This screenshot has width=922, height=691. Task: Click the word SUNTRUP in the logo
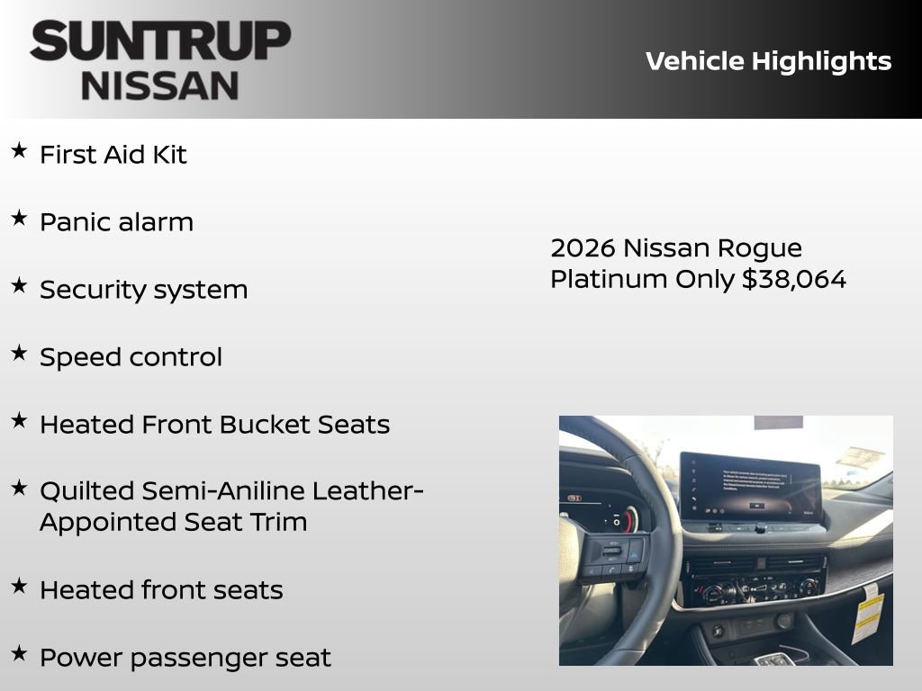(x=160, y=41)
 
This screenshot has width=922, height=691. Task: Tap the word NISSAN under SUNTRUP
(x=160, y=85)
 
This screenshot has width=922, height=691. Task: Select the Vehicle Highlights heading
(x=768, y=61)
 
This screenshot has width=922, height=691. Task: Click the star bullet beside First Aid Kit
(x=19, y=151)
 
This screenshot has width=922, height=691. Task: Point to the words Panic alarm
(x=116, y=222)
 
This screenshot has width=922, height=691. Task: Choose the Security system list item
(x=143, y=290)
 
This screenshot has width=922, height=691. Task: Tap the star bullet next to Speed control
(x=19, y=354)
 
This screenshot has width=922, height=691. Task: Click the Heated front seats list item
(x=161, y=590)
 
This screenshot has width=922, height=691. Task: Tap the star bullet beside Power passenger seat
(x=19, y=654)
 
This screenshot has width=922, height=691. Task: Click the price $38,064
(x=794, y=279)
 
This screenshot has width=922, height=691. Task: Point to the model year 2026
(x=583, y=247)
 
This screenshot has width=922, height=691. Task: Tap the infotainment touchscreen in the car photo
(x=749, y=486)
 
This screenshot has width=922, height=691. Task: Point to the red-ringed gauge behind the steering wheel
(x=627, y=519)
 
